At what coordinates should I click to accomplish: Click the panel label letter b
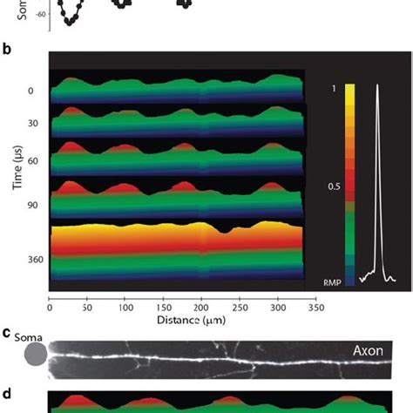pos(7,51)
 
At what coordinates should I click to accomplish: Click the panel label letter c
pos(6,332)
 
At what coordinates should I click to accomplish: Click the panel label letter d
pos(7,393)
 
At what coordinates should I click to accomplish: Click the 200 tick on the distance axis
pos(177,306)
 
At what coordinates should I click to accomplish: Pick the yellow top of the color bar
pos(349,89)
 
